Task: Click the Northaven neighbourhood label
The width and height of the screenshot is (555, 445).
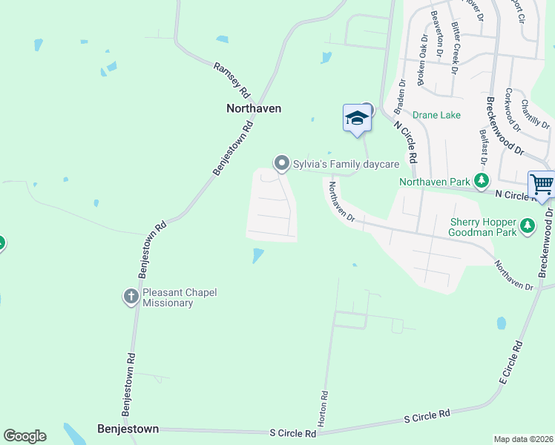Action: click(x=253, y=108)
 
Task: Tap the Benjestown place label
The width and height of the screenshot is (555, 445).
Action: click(x=128, y=429)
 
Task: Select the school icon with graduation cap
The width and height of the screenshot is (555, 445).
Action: click(x=357, y=118)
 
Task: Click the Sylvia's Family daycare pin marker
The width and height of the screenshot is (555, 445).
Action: click(x=281, y=162)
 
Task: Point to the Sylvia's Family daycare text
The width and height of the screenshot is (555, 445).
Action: click(x=347, y=163)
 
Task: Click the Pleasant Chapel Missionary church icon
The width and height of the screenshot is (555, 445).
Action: click(x=131, y=297)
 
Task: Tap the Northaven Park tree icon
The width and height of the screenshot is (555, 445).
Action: click(x=482, y=180)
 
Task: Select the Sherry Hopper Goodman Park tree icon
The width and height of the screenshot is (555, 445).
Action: click(x=528, y=224)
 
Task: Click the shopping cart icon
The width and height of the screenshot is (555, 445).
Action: click(x=542, y=183)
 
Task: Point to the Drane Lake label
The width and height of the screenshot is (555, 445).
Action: click(x=437, y=115)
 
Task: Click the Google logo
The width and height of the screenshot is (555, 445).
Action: click(x=24, y=436)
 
